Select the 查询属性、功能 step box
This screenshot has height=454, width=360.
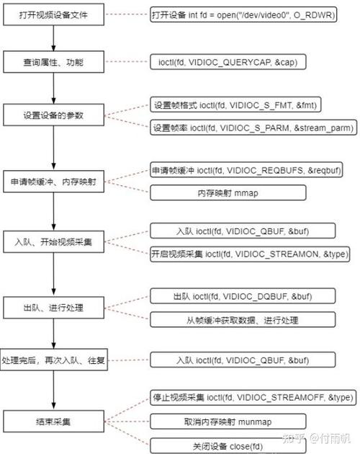tap(54, 63)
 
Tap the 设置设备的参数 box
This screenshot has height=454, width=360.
tap(54, 115)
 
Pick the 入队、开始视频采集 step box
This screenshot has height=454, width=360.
tap(54, 241)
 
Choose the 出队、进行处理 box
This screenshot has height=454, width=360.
tap(54, 308)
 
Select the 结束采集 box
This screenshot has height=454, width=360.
tap(54, 419)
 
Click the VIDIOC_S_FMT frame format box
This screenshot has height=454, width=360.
tap(236, 105)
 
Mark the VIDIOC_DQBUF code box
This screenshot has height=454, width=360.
tap(232, 297)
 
